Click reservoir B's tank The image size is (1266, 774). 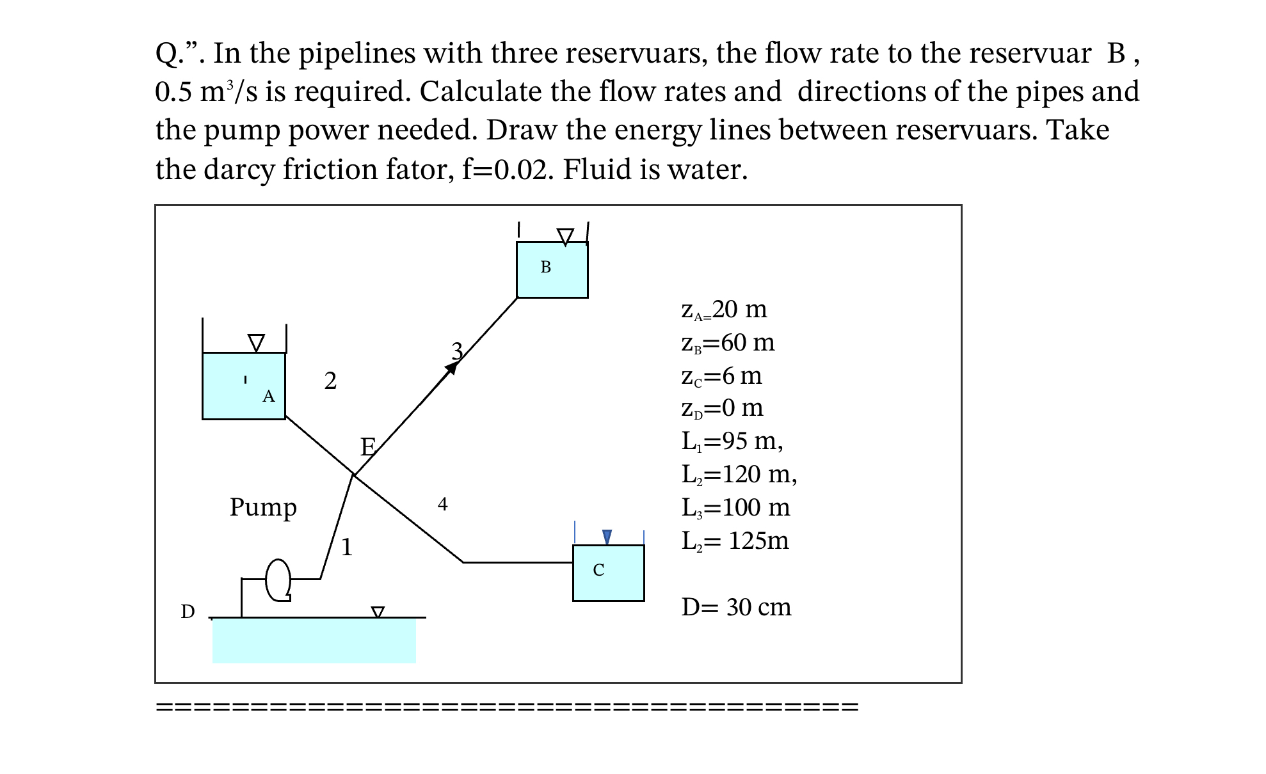552,269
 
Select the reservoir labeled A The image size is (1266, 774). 243,386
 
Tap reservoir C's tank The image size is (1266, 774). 608,573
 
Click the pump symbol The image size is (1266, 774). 278,580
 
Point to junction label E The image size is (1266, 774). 367,446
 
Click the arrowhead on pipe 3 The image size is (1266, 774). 452,367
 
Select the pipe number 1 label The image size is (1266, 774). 346,547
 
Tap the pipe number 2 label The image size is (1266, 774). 330,381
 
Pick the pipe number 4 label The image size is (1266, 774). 442,504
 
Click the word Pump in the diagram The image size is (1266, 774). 263,507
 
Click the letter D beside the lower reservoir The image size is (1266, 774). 188,612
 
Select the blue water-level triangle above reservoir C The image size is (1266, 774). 607,537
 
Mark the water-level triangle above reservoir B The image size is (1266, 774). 565,237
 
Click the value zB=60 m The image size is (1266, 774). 728,343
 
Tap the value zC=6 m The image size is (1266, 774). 721,376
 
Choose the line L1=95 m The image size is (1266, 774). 732,441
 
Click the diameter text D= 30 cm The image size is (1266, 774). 736,607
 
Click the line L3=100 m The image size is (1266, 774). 735,508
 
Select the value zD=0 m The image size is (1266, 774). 722,408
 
